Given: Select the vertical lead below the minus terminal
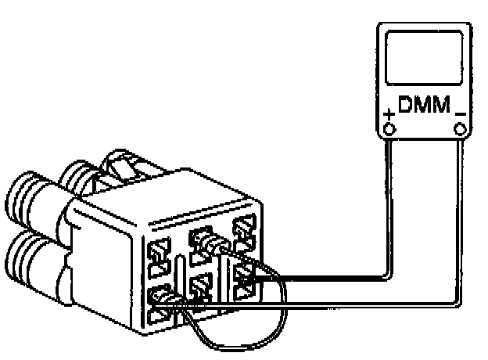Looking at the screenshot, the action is coord(459,219).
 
